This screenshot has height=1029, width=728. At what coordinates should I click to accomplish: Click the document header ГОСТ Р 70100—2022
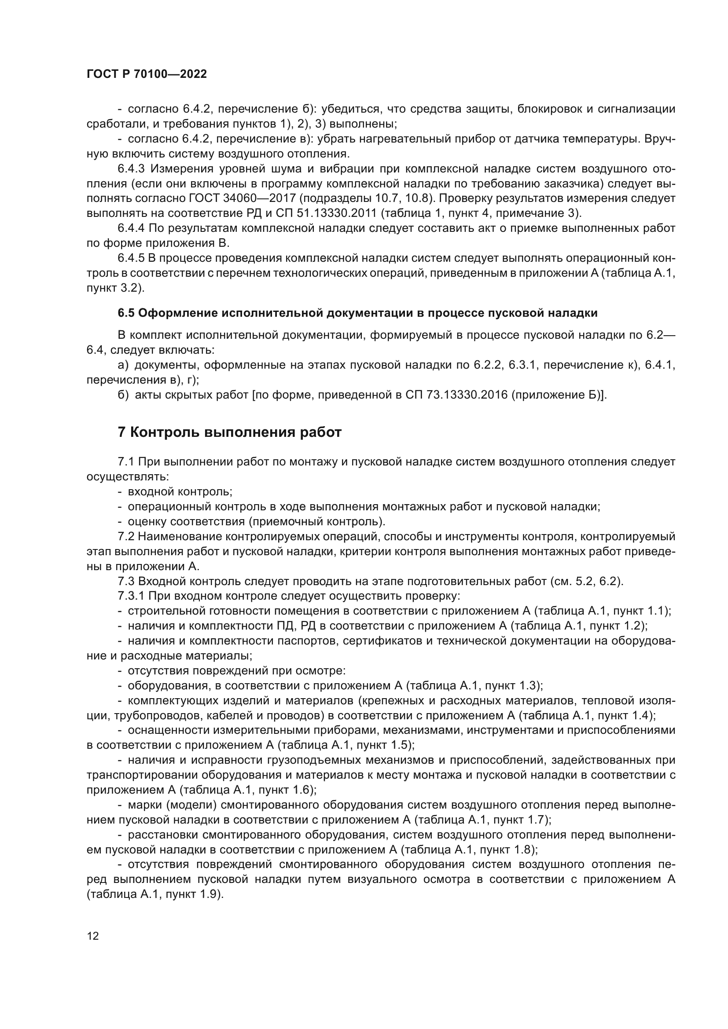147,74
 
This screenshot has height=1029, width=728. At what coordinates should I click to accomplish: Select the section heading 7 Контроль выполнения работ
229,432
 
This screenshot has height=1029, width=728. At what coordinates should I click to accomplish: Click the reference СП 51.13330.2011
331,213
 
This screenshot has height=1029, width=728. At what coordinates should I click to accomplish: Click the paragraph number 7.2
126,536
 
